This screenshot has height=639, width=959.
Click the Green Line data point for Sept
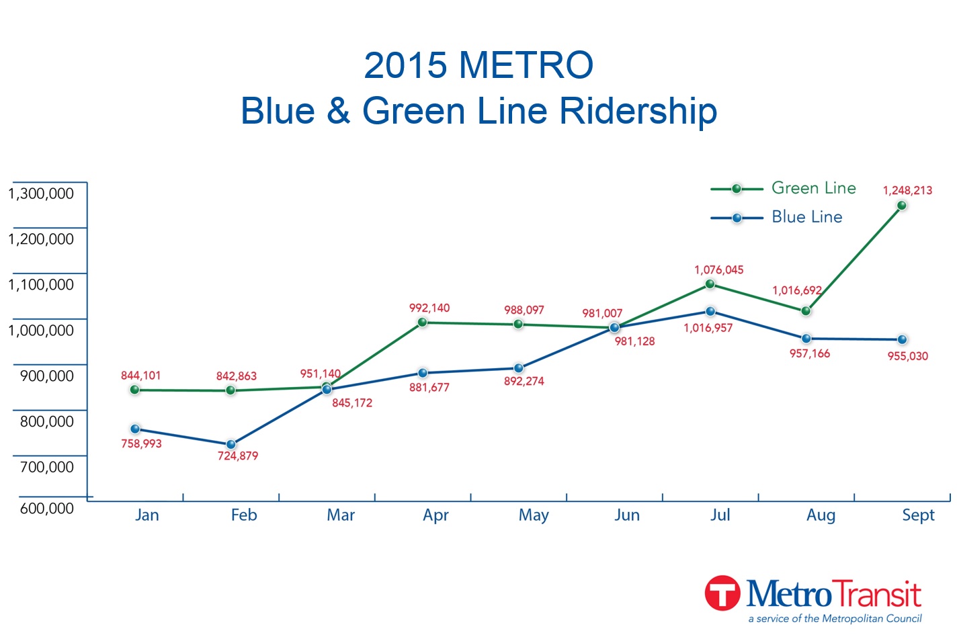click(902, 206)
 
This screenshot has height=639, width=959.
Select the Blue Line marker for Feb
click(231, 444)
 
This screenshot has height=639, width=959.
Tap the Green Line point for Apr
click(423, 323)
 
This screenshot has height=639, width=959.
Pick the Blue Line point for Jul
click(710, 311)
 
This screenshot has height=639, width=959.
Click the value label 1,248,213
click(907, 190)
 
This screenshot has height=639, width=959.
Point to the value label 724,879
click(238, 456)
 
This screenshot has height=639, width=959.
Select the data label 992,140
click(429, 308)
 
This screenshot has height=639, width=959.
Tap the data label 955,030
click(907, 356)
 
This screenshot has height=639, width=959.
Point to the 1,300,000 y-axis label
click(41, 194)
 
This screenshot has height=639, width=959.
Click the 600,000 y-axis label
click(47, 509)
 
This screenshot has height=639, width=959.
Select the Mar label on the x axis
click(341, 515)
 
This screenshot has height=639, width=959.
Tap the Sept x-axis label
click(918, 515)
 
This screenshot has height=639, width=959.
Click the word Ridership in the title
click(638, 111)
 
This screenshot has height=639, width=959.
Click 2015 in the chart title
click(405, 65)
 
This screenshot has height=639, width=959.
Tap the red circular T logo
click(722, 593)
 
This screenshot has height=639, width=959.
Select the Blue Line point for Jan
click(135, 429)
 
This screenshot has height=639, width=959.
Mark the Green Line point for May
click(518, 324)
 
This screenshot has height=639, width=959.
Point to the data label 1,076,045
click(719, 270)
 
